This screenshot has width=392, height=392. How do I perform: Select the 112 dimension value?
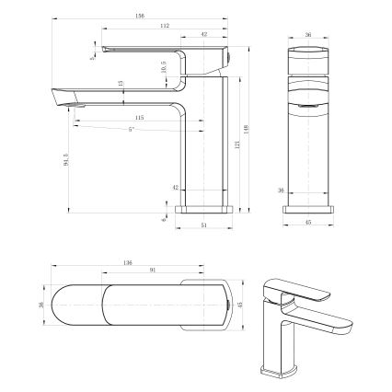point(164,26)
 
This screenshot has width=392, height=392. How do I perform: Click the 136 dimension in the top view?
point(128,263)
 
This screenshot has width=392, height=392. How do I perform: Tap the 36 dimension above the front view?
point(308,35)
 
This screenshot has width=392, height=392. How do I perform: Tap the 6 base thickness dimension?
point(164,221)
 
